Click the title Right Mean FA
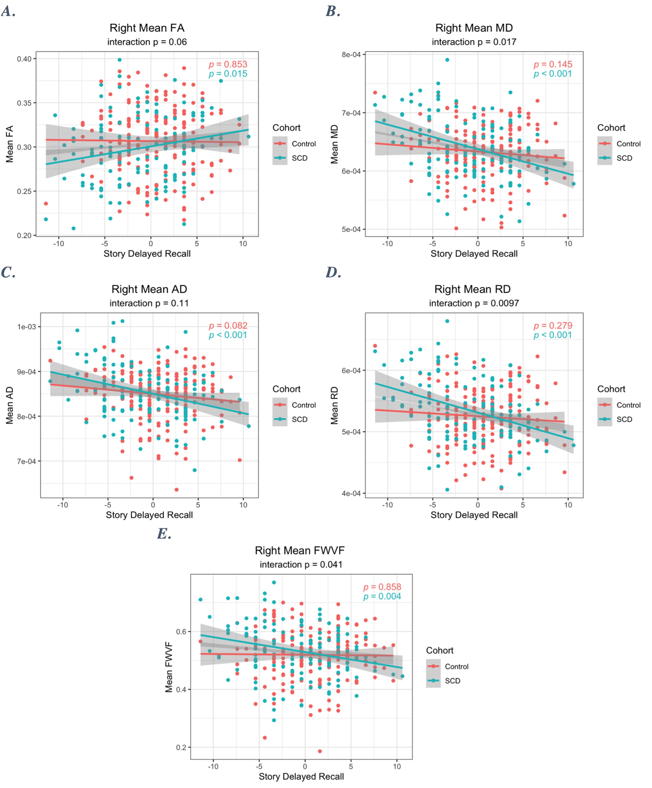pyautogui.click(x=147, y=28)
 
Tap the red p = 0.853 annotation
pyautogui.click(x=228, y=64)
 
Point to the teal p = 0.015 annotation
pyautogui.click(x=228, y=74)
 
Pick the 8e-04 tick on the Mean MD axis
pyautogui.click(x=351, y=55)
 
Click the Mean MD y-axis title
pyautogui.click(x=334, y=144)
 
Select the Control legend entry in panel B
pyautogui.click(x=628, y=144)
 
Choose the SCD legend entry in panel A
pyautogui.click(x=299, y=158)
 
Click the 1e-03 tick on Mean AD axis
pyautogui.click(x=26, y=327)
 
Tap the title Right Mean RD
pyautogui.click(x=472, y=289)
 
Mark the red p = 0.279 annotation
pyautogui.click(x=553, y=325)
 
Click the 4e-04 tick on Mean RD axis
pyautogui.click(x=351, y=493)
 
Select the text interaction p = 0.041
pyautogui.click(x=301, y=564)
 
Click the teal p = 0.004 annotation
pyautogui.click(x=382, y=596)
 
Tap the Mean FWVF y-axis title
pyautogui.click(x=169, y=667)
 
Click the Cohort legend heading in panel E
pyautogui.click(x=439, y=650)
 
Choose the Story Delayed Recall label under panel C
pyautogui.click(x=149, y=515)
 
